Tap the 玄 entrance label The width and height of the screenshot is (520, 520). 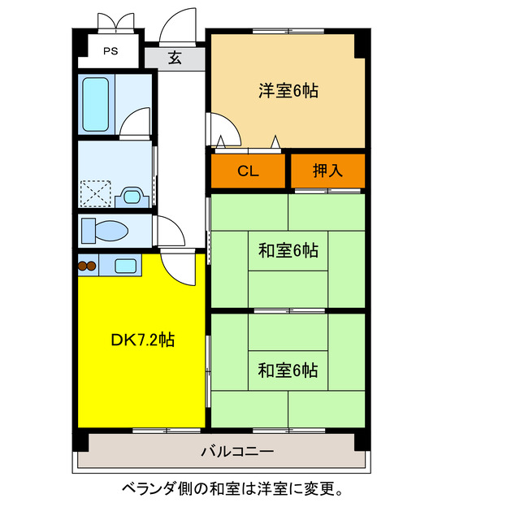tap(175, 58)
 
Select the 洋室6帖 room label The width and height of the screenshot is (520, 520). tap(288, 91)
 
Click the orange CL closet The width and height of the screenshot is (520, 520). tap(249, 171)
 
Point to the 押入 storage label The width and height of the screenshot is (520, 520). tap(328, 171)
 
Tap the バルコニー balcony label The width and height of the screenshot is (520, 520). tap(237, 452)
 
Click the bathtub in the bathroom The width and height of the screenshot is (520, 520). tap(97, 105)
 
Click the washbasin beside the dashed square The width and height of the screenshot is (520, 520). tap(132, 195)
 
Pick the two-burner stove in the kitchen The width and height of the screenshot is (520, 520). tap(87, 265)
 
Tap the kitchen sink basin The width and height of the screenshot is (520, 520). tap(125, 265)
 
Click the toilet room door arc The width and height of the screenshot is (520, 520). tap(170, 232)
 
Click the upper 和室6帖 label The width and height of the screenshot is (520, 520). tap(288, 251)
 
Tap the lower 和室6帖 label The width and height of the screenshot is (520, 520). tap(288, 370)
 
